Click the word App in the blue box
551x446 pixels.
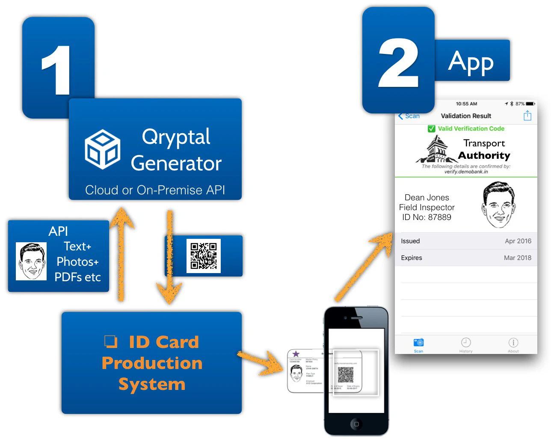click(471, 62)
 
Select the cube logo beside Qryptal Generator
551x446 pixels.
click(103, 149)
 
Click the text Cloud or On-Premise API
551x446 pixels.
click(155, 190)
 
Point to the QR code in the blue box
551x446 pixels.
click(204, 256)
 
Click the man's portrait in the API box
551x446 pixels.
click(31, 262)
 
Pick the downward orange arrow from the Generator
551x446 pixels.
click(170, 257)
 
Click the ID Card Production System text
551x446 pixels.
click(152, 363)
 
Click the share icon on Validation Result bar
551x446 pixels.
click(527, 116)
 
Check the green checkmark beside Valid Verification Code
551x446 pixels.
click(431, 128)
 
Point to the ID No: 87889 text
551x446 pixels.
click(427, 217)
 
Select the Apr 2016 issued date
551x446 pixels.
click(518, 241)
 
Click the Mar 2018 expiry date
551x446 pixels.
click(517, 258)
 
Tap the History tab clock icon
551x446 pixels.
click(466, 342)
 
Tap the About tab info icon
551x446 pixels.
click(513, 342)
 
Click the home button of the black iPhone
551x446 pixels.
click(356, 424)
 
